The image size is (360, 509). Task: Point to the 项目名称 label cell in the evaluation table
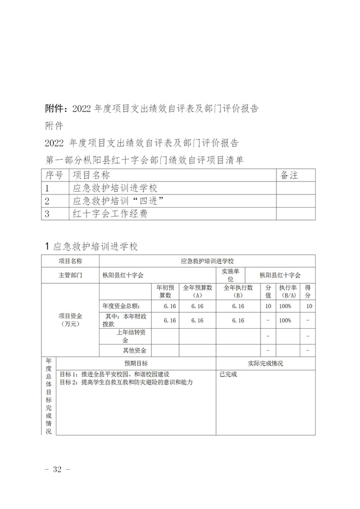71,261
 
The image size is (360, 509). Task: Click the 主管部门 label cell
71,275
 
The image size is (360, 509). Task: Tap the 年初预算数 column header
165,292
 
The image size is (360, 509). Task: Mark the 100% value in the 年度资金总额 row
285,307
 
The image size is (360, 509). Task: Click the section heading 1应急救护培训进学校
91,247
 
